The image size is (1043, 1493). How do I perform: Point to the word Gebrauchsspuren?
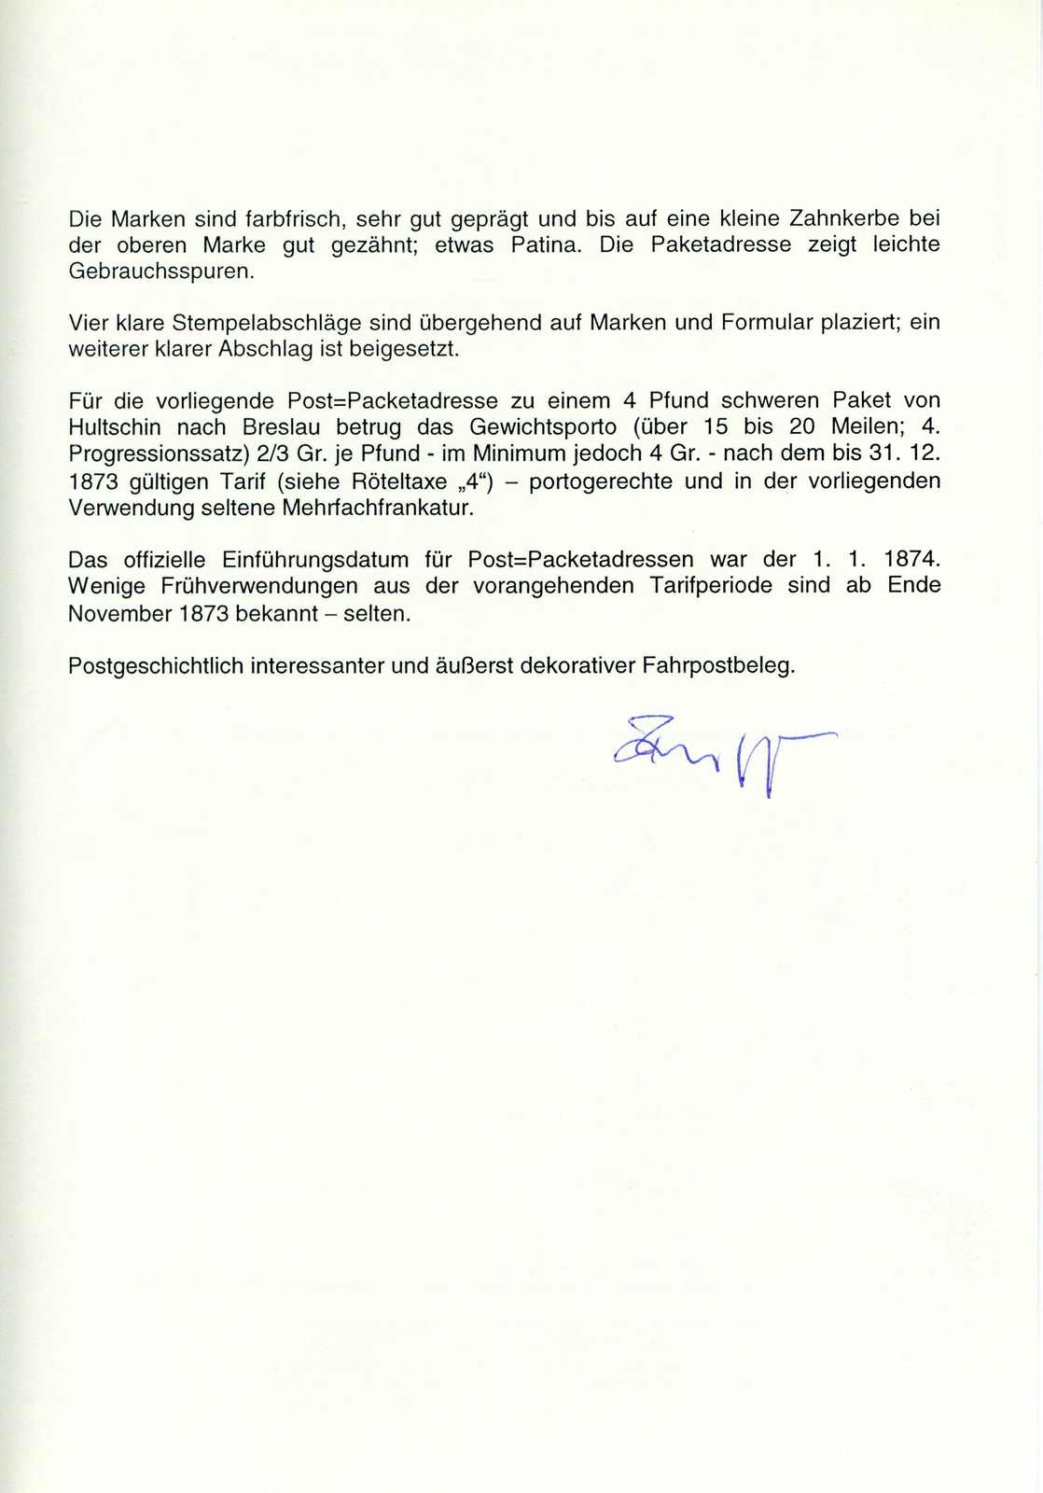(x=160, y=272)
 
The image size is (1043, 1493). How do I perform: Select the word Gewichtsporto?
(x=543, y=427)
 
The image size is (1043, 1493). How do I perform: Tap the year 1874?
(x=911, y=560)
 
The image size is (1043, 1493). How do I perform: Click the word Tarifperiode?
(x=711, y=586)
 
